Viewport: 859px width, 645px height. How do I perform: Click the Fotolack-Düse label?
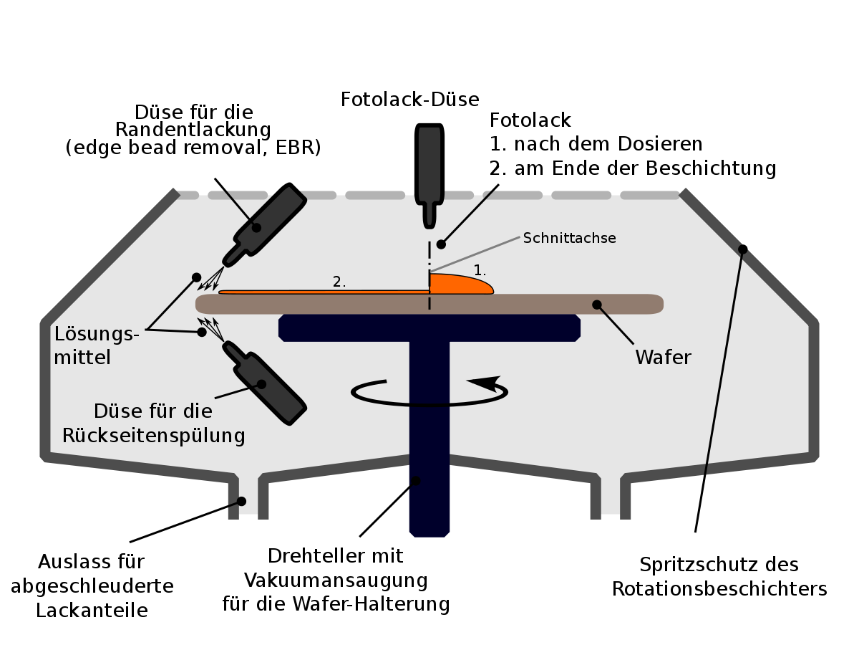[x=409, y=100]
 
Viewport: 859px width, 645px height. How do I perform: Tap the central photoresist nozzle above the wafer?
[x=429, y=176]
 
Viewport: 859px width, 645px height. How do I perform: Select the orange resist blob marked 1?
[x=461, y=284]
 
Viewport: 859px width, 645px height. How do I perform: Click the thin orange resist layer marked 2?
[x=324, y=292]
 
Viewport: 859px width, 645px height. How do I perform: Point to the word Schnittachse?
[x=569, y=238]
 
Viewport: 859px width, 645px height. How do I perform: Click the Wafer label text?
[x=664, y=357]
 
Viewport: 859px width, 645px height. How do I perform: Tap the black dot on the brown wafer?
[x=597, y=305]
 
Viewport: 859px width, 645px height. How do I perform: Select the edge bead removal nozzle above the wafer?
[x=265, y=225]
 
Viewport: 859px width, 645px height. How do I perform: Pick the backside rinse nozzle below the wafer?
[x=265, y=383]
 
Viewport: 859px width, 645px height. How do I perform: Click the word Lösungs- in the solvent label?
[x=97, y=335]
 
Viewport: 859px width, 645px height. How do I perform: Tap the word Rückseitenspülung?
[x=154, y=436]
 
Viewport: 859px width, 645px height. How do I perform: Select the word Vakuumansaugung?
[x=336, y=580]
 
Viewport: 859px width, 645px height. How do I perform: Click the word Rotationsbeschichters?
[x=719, y=588]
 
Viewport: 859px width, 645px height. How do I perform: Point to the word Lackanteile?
[x=92, y=611]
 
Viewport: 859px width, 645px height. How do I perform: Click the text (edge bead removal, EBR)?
[x=193, y=148]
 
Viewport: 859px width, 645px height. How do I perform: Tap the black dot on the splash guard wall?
[x=743, y=249]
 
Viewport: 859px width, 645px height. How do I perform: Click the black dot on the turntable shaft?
[x=416, y=481]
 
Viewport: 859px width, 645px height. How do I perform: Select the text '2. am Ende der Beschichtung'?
[x=633, y=168]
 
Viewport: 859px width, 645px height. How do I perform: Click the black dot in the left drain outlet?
[x=241, y=501]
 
